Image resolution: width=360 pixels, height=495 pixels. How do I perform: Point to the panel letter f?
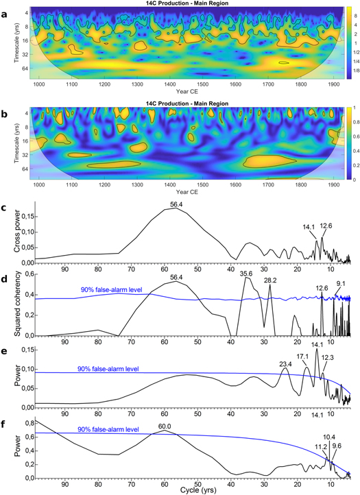[5, 418]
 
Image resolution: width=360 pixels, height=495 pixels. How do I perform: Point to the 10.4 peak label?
[328, 437]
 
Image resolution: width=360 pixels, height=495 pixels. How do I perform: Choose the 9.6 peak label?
[337, 446]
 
